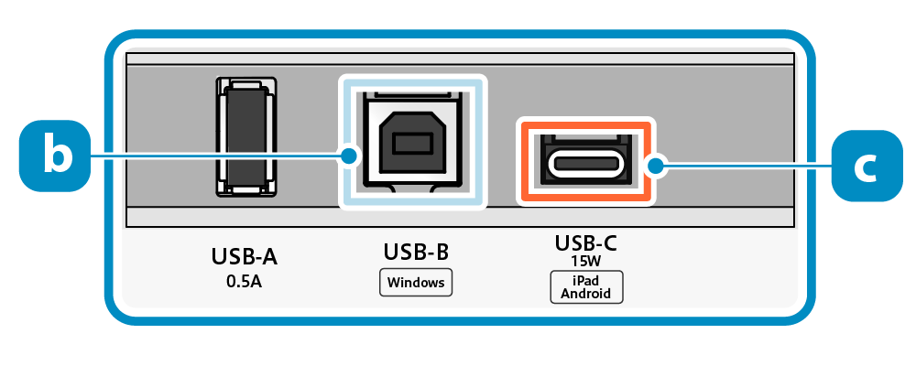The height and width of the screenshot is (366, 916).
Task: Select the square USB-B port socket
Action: click(412, 142)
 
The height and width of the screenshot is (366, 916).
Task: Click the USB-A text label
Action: click(244, 257)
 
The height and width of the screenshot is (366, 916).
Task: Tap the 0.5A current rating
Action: click(244, 281)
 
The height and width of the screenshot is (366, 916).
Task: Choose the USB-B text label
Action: click(416, 252)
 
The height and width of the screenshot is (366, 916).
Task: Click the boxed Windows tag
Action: click(416, 282)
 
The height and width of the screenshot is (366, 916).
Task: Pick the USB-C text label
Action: click(586, 242)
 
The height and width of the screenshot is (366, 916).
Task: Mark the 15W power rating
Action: click(586, 261)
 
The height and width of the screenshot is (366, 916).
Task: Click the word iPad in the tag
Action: click(586, 280)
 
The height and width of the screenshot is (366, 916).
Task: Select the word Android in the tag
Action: click(586, 294)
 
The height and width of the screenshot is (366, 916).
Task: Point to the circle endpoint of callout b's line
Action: click(349, 156)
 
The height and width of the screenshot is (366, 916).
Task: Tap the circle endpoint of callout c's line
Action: click(654, 166)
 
